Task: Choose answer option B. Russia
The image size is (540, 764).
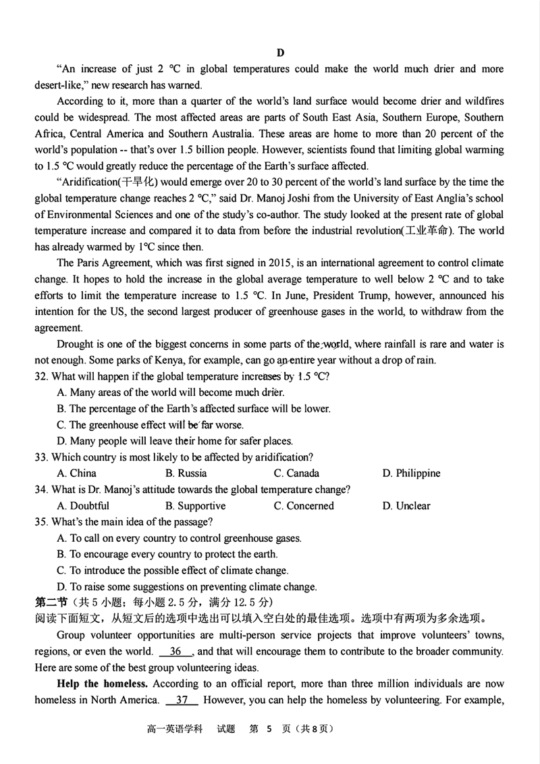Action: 186,473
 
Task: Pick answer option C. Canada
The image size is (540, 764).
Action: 296,473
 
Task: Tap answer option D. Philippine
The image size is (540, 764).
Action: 411,473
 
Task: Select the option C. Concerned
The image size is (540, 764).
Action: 304,505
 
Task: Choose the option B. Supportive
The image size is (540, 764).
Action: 196,505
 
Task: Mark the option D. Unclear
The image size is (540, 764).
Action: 406,505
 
